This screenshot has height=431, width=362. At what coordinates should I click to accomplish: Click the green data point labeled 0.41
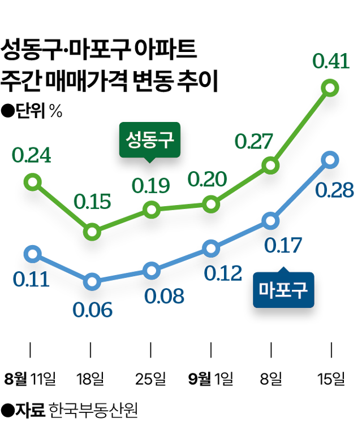click(330, 88)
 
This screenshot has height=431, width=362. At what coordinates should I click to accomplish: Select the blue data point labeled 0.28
click(330, 160)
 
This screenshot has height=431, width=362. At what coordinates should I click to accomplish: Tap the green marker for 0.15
click(92, 232)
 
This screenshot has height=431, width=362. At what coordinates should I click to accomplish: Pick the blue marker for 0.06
click(92, 281)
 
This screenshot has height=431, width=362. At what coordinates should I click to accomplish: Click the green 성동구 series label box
click(150, 139)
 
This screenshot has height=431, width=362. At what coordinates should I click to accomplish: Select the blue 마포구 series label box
click(282, 291)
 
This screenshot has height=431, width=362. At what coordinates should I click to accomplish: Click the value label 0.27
click(254, 141)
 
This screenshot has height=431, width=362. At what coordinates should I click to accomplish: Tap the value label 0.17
click(282, 245)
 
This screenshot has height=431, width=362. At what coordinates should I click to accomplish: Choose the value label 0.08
click(164, 297)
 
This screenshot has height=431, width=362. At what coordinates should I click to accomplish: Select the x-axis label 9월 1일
click(210, 378)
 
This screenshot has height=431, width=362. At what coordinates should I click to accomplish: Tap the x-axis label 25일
click(151, 378)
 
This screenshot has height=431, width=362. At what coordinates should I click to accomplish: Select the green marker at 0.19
click(151, 210)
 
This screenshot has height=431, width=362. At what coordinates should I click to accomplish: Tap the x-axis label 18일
click(91, 378)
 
